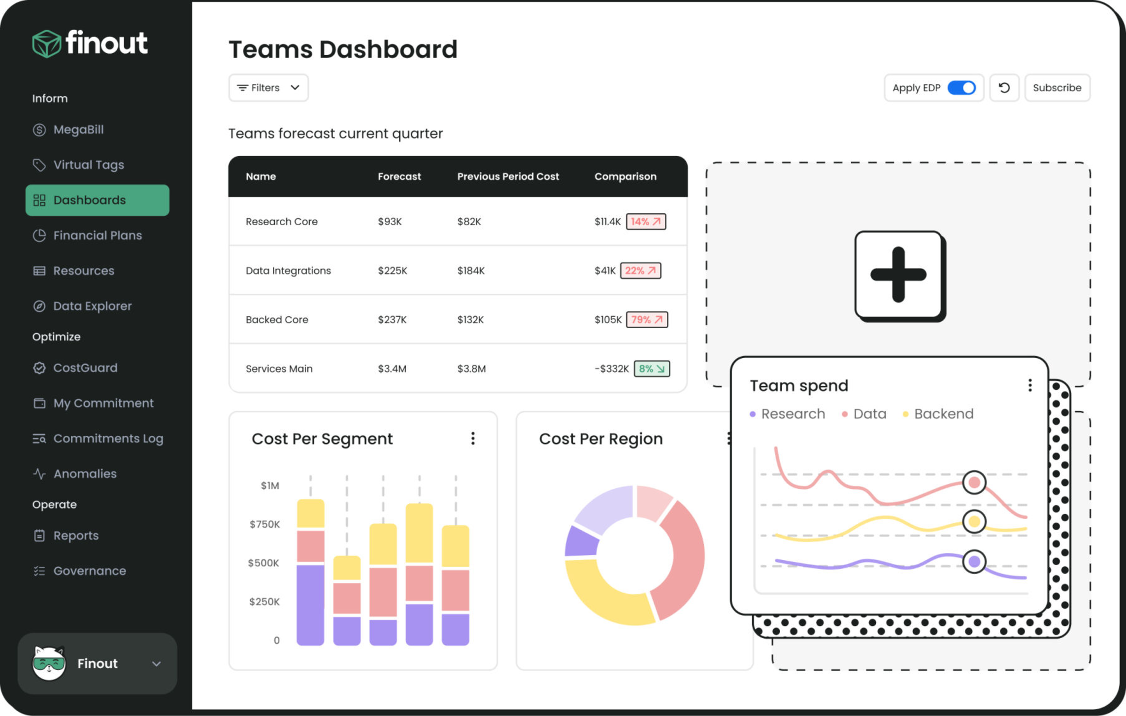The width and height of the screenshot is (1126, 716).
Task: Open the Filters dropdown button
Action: [x=268, y=88]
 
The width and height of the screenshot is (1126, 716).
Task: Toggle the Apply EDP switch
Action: [x=961, y=88]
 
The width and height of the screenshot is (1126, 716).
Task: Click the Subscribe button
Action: [x=1057, y=88]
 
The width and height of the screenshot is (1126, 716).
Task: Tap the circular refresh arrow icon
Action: [x=1004, y=88]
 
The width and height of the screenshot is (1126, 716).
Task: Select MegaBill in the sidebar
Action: [x=78, y=130]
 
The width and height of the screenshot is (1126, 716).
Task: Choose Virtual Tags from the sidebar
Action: [x=88, y=165]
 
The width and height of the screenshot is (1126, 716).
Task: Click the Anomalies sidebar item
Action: [x=85, y=474]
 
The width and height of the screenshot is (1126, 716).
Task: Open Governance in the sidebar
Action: [x=89, y=571]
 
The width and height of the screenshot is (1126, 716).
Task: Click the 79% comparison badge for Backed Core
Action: [x=646, y=319]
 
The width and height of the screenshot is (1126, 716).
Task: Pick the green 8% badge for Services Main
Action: [x=651, y=369]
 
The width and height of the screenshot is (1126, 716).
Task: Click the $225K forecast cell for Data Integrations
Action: [x=392, y=271]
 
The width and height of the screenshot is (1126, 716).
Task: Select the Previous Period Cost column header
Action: [x=508, y=176]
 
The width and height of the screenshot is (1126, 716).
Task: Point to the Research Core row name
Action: [x=281, y=222]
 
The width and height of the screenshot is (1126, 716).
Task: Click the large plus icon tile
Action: [x=898, y=275]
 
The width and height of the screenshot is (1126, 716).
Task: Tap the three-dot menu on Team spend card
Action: [x=1029, y=385]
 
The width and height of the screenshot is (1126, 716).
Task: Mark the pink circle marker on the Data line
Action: [x=973, y=482]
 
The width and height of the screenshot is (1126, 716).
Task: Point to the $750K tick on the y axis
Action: [x=265, y=524]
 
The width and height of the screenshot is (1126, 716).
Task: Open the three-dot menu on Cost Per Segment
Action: [x=472, y=439]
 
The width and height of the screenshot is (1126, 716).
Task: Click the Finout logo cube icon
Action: [x=46, y=43]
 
